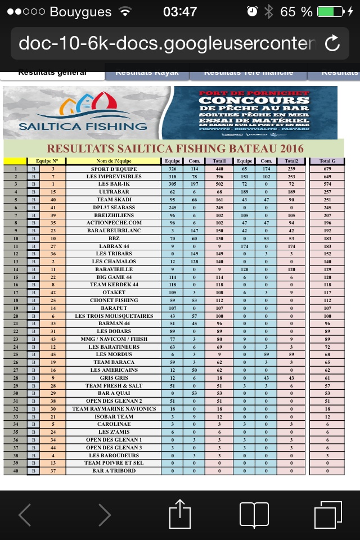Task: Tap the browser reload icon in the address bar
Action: (332, 43)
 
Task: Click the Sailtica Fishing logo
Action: (82, 112)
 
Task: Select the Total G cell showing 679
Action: (327, 169)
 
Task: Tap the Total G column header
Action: (327, 161)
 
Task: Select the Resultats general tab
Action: (52, 73)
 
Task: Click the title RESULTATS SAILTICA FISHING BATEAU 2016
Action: (175, 148)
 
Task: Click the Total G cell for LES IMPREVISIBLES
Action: (327, 177)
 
